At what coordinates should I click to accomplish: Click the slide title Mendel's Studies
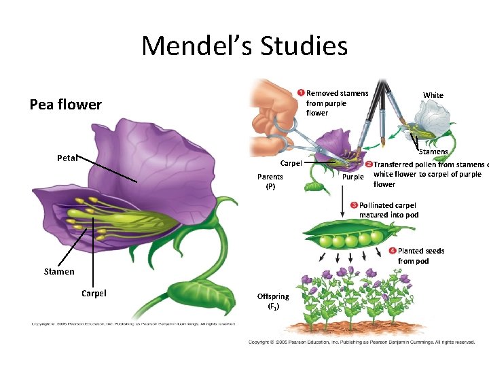(244, 46)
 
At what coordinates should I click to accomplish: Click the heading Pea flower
(65, 105)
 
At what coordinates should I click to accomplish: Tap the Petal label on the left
(67, 158)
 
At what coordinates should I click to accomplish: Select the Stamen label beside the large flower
(58, 272)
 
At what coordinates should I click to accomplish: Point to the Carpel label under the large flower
(94, 294)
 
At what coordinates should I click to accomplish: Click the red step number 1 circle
(301, 93)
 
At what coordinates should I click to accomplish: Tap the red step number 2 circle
(369, 165)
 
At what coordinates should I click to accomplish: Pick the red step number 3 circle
(354, 205)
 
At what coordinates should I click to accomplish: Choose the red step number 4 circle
(393, 251)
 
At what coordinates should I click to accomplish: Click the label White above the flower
(433, 95)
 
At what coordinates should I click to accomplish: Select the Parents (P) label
(270, 181)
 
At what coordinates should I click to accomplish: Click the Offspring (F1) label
(272, 300)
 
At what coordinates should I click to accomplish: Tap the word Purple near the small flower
(352, 177)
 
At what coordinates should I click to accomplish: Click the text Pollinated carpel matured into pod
(388, 210)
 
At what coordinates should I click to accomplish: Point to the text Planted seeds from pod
(422, 256)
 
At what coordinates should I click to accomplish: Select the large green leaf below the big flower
(196, 293)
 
